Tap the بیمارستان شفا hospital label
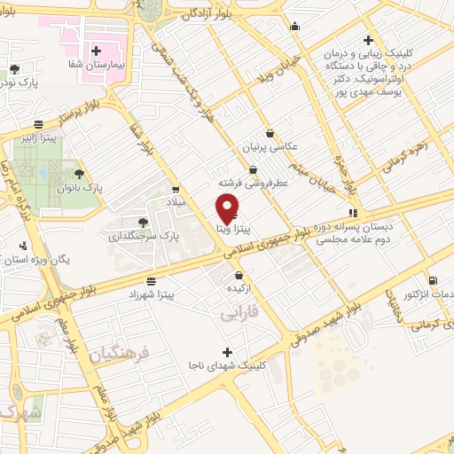pos(98,66)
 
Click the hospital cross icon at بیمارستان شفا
pos(97,51)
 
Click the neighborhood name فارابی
pos(239,314)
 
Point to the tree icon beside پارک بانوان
pos(80,174)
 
